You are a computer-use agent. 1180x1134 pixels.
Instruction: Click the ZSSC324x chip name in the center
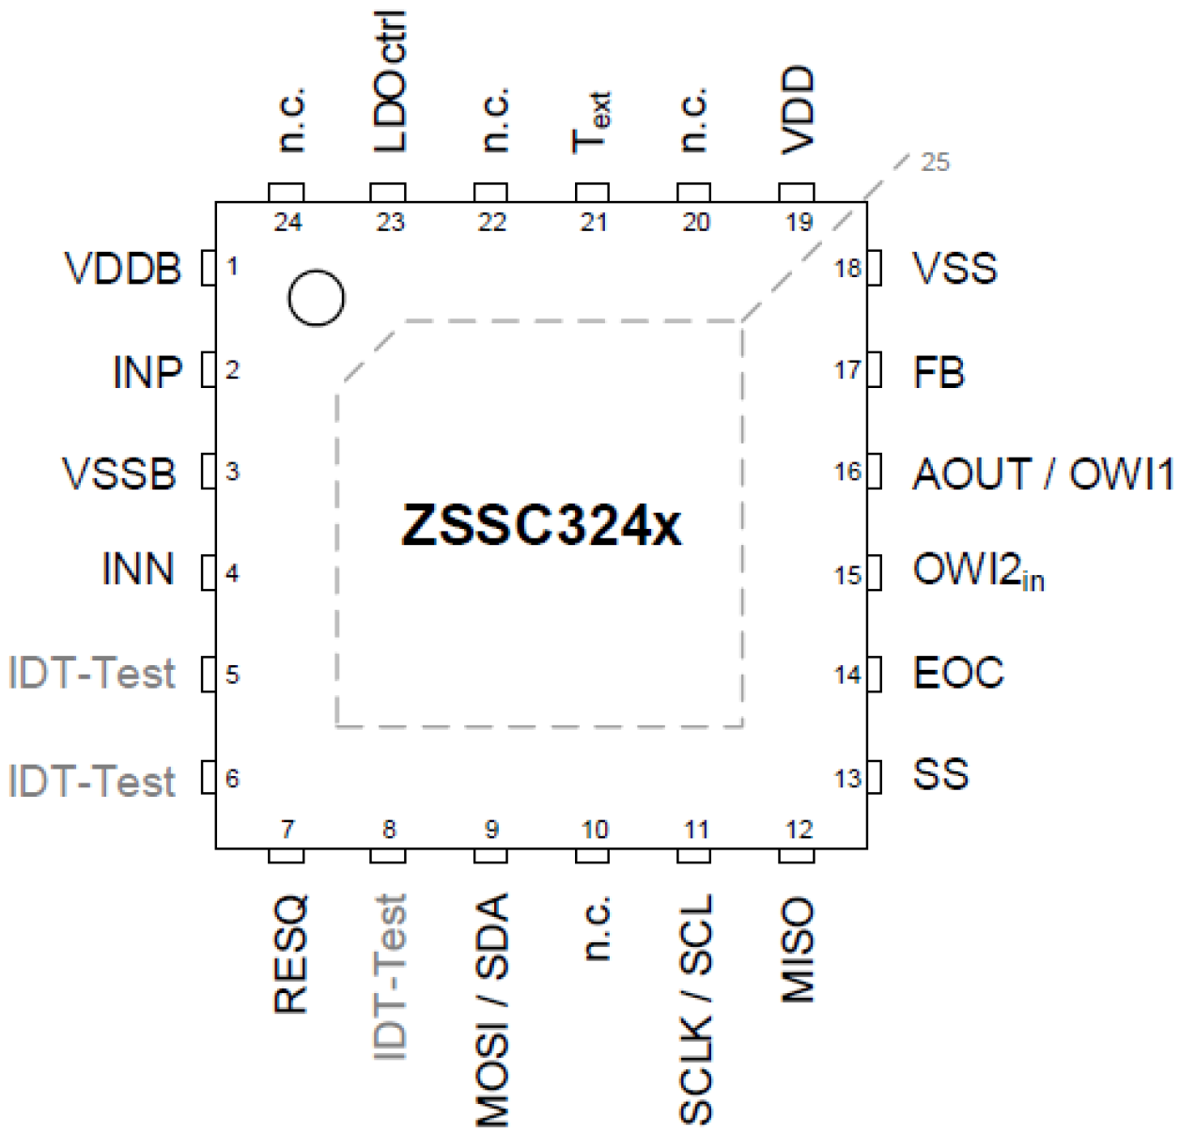541,525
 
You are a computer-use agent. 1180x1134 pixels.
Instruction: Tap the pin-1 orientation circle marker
316,299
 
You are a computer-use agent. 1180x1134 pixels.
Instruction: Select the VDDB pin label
123,269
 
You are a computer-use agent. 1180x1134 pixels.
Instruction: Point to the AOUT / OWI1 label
1043,474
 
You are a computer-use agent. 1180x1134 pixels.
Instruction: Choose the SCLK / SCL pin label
696,1010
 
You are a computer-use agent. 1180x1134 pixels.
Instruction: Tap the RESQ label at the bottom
290,954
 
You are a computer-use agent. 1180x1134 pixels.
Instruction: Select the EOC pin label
958,674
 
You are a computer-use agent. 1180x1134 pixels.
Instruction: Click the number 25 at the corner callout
935,163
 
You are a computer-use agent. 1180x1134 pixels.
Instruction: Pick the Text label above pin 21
592,122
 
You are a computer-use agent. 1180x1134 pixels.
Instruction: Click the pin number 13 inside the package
847,779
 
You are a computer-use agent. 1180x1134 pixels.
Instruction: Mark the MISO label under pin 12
798,949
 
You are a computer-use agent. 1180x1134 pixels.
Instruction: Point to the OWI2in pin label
978,571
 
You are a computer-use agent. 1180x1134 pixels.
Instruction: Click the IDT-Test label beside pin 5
92,674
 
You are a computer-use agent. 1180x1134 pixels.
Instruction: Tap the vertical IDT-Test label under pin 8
390,977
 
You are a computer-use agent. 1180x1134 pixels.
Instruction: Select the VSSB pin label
119,474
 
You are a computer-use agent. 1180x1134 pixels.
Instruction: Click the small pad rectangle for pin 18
875,268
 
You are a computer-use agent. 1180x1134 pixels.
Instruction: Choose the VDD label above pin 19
798,110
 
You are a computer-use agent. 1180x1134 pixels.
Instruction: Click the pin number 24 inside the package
287,223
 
